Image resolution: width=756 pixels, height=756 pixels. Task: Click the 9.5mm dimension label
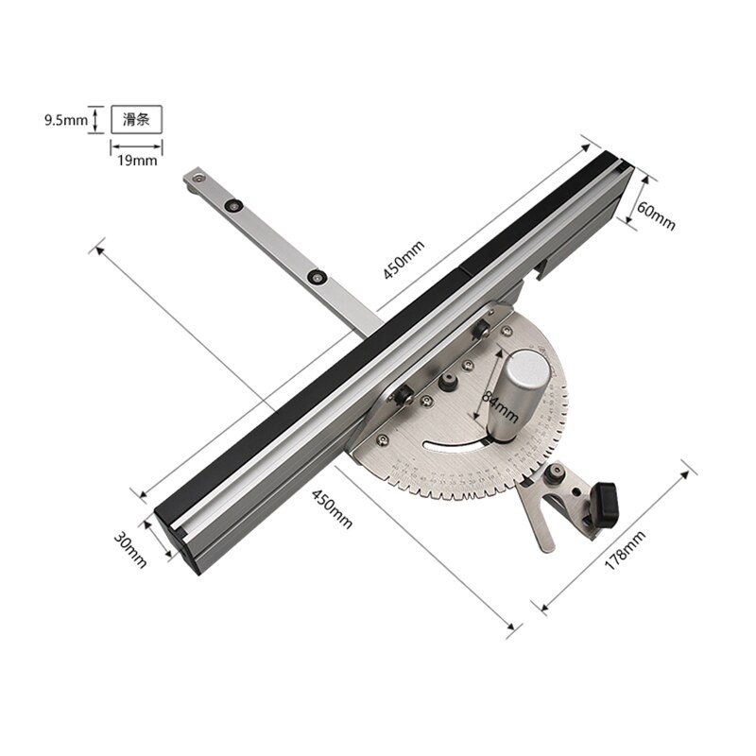click(x=65, y=120)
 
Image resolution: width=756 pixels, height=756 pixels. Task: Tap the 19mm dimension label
click(x=136, y=161)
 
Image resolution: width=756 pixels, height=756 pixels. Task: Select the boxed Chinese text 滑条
click(x=136, y=120)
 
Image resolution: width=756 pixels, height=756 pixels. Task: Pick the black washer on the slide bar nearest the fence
click(x=318, y=277)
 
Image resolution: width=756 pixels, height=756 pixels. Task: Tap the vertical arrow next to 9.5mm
click(x=94, y=120)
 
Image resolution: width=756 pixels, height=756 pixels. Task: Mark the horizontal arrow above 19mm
click(x=136, y=146)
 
